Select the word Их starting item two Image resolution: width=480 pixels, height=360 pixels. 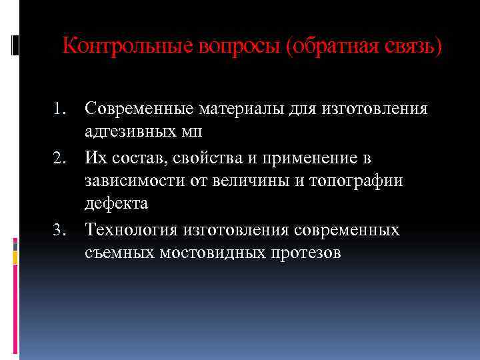coord(94,159)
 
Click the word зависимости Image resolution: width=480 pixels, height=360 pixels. coord(135,181)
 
